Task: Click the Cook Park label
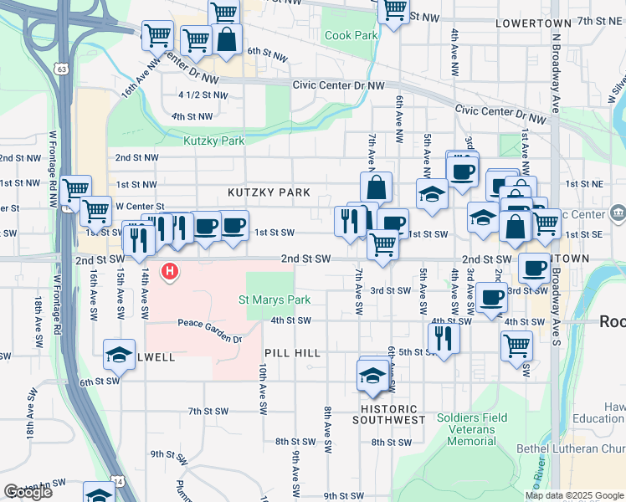coord(351,36)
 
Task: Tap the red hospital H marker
coord(170,271)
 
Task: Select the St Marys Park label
coord(275,300)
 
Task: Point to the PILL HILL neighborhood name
coord(292,354)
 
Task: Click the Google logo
coord(28,492)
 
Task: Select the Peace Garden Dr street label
coord(208,340)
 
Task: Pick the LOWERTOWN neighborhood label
coord(532,23)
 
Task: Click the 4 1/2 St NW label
coord(203,95)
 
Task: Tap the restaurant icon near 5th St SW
coord(443,338)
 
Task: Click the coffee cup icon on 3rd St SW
coord(492,298)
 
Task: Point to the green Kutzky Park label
coord(214,141)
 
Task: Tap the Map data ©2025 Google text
coord(574,495)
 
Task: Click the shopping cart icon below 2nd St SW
coord(382,245)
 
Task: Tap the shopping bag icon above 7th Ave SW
coord(377,187)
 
